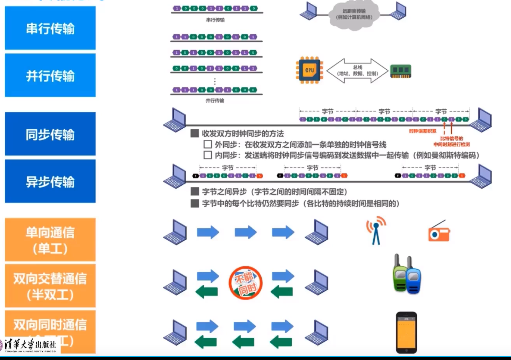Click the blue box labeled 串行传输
50,28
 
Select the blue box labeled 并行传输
50,75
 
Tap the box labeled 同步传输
50,134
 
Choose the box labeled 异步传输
50,181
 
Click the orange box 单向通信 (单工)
50,240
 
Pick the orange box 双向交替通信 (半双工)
50,286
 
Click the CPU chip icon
309,70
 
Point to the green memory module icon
401,71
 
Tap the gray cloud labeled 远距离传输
354,15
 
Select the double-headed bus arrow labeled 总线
357,71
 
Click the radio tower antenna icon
376,231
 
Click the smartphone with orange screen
406,332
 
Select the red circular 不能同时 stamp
246,283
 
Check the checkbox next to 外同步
208,144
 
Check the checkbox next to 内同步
208,155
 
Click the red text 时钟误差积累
423,131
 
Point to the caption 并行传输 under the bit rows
215,101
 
